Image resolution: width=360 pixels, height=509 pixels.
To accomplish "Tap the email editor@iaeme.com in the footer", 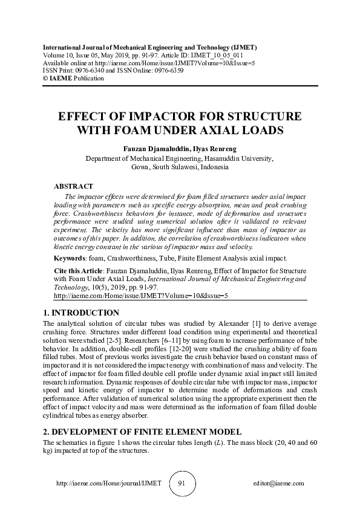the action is click(x=280, y=484).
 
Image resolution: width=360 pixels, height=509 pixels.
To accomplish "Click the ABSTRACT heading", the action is click(x=73, y=187).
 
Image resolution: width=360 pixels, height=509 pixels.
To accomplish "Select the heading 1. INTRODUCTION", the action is click(x=81, y=313).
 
